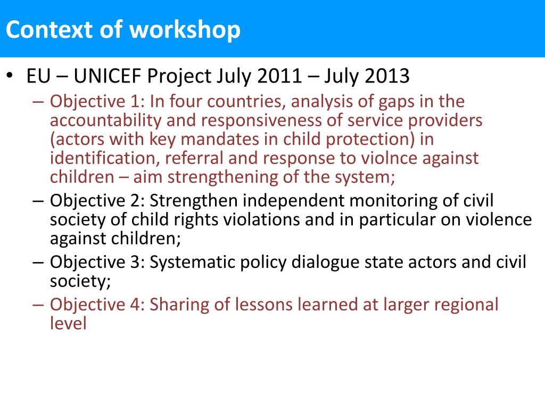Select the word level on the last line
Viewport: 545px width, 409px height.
point(68,323)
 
